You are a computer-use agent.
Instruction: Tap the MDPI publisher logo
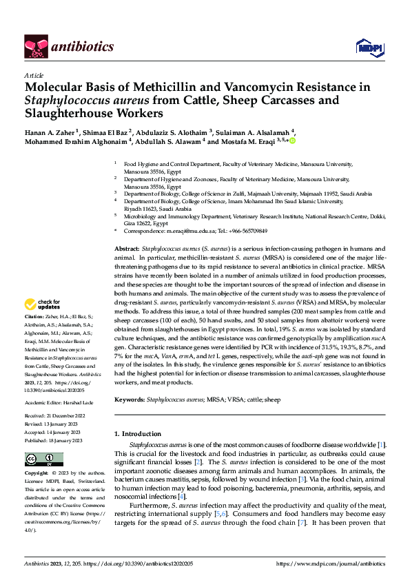pyautogui.click(x=365, y=47)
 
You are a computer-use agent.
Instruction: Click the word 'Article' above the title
pyautogui.click(x=34, y=74)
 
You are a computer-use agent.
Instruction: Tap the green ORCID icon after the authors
pyautogui.click(x=292, y=141)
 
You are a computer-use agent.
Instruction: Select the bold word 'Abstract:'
pyautogui.click(x=126, y=247)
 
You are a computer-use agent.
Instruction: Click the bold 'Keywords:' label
pyautogui.click(x=130, y=399)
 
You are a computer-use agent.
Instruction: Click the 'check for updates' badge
pyautogui.click(x=44, y=304)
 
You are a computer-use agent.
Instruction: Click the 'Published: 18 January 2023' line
pyautogui.click(x=54, y=440)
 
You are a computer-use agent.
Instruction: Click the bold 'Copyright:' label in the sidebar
pyautogui.click(x=37, y=475)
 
